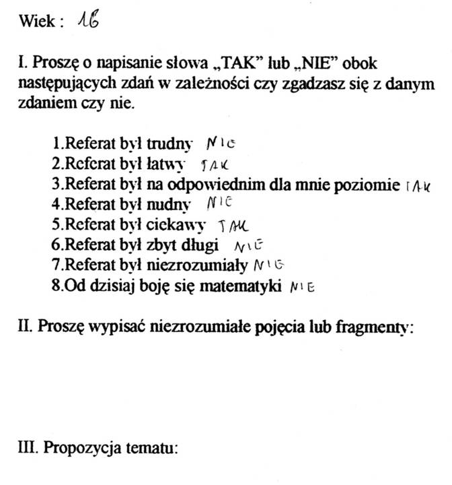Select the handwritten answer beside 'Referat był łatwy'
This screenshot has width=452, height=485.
pyautogui.click(x=215, y=164)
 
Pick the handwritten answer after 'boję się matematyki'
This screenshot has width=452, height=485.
pyautogui.click(x=301, y=286)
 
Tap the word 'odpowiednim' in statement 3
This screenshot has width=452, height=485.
pyautogui.click(x=231, y=184)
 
